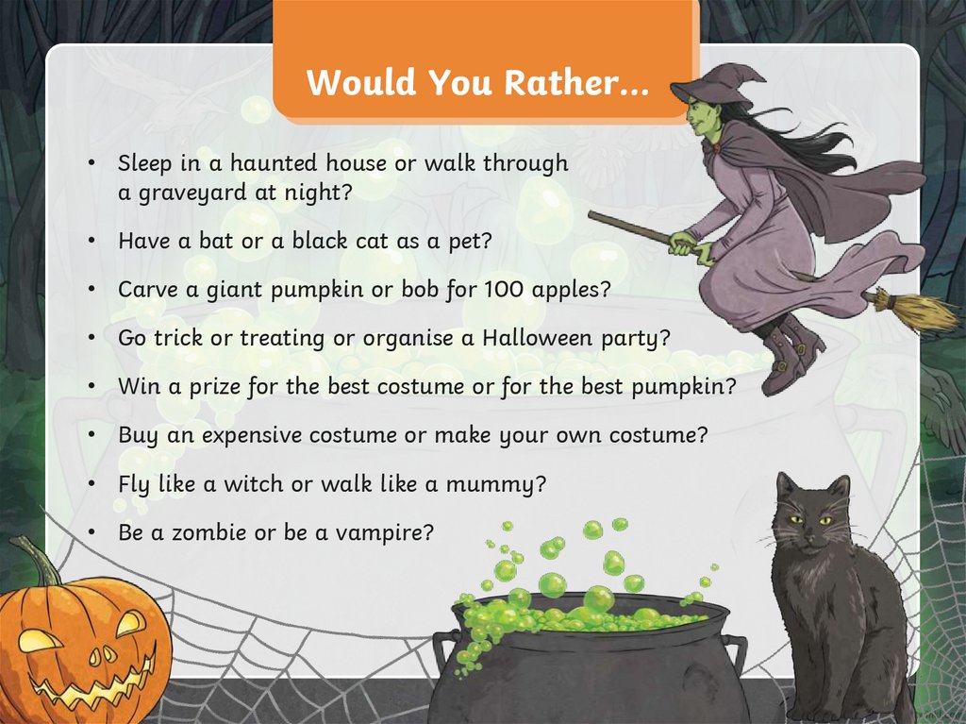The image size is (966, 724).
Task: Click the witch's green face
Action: pos(702,117)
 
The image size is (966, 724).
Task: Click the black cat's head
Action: pos(808,514)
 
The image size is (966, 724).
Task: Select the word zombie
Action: pos(204,532)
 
